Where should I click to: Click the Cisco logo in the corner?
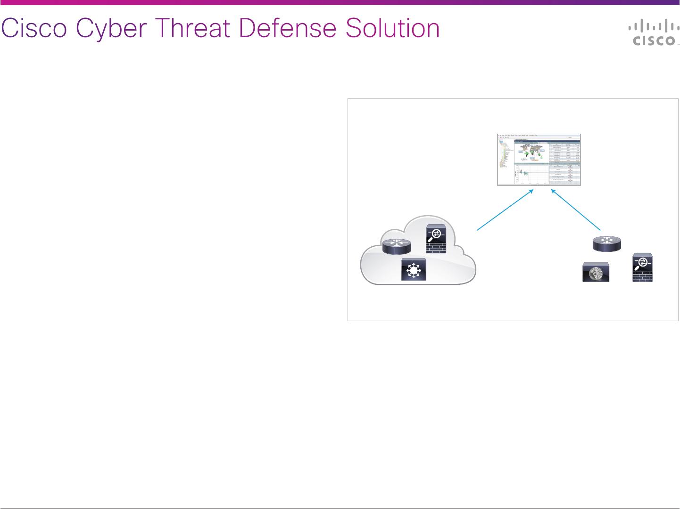653,34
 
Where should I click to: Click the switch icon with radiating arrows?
414,270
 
